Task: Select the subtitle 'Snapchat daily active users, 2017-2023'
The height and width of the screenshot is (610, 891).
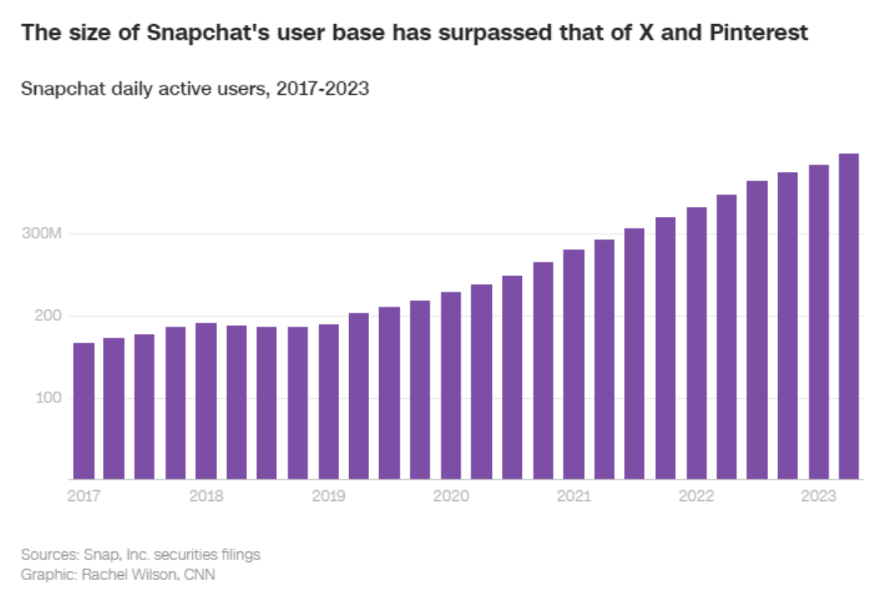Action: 195,89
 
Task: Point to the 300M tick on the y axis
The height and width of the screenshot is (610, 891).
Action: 42,234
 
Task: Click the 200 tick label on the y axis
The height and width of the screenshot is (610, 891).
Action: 47,316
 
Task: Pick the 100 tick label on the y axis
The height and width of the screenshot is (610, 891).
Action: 47,398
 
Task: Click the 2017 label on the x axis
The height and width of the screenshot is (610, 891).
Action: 83,496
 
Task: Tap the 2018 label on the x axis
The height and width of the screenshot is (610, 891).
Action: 206,496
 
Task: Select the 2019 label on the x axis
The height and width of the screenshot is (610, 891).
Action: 328,496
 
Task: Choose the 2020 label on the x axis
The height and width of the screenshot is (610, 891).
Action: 450,496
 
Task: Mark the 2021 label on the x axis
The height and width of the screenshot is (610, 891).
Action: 573,496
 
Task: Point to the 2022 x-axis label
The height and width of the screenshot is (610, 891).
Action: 697,496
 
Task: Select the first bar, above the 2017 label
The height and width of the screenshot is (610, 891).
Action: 83,411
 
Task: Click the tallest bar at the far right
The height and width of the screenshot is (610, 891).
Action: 849,317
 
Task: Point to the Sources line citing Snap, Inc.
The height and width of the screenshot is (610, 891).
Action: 141,554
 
